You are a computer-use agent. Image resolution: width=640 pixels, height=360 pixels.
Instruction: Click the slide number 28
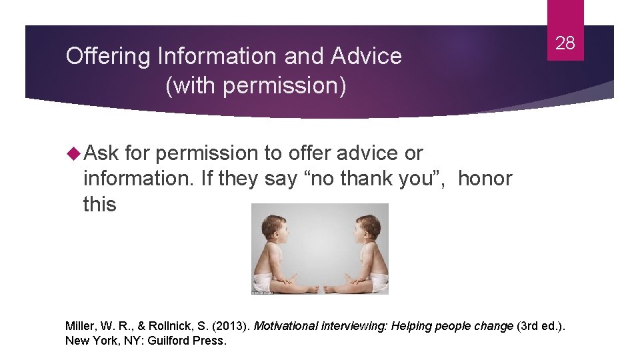click(565, 44)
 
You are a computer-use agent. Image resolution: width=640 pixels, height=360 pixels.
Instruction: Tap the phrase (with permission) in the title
click(255, 86)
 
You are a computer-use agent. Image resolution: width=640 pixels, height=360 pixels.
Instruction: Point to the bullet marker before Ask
click(72, 153)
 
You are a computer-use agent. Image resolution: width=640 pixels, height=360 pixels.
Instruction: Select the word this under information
click(99, 204)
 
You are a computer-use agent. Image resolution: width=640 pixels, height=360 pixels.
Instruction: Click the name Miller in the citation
click(81, 326)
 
